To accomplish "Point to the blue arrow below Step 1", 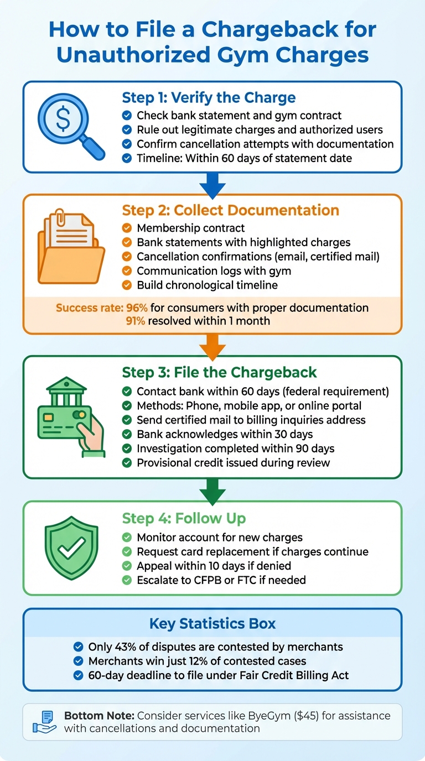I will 212,184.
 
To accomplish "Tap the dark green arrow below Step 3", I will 212,491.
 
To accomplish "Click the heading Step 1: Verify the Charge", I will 209,98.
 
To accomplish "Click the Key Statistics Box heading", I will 212,624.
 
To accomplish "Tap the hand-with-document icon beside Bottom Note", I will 45,722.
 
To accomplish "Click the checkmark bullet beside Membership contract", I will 127,228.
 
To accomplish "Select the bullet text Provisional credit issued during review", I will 233,463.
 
